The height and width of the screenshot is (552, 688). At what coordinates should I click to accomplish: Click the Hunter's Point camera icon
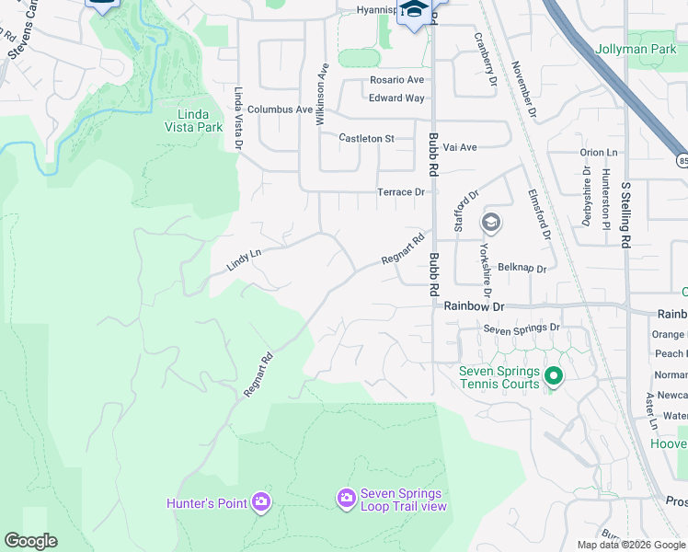pyautogui.click(x=261, y=501)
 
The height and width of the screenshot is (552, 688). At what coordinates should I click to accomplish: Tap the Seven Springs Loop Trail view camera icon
pyautogui.click(x=347, y=498)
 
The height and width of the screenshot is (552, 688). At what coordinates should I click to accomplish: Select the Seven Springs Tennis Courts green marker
pyautogui.click(x=554, y=375)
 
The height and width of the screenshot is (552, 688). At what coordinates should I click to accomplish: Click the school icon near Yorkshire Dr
pyautogui.click(x=491, y=223)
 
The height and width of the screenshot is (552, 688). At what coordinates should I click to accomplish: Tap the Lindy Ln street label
pyautogui.click(x=244, y=259)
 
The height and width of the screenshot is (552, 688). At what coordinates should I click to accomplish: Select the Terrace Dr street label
pyautogui.click(x=401, y=192)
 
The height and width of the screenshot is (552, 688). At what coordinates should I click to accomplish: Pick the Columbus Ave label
pyautogui.click(x=280, y=109)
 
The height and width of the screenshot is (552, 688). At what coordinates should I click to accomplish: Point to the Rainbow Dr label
pyautogui.click(x=475, y=305)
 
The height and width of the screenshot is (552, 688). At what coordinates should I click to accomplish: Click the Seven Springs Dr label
pyautogui.click(x=522, y=328)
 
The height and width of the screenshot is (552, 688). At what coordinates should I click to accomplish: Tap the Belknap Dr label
pyautogui.click(x=522, y=270)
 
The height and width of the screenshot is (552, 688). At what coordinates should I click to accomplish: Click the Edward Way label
pyautogui.click(x=396, y=98)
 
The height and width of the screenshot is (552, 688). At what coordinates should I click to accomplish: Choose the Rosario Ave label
pyautogui.click(x=396, y=80)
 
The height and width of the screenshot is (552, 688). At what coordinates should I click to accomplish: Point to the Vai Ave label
pyautogui.click(x=460, y=147)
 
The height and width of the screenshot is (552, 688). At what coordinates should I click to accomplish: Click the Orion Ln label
pyautogui.click(x=599, y=153)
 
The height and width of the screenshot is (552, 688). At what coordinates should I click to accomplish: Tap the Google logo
pyautogui.click(x=30, y=541)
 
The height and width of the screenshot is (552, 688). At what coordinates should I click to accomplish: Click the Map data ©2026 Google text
pyautogui.click(x=631, y=545)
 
